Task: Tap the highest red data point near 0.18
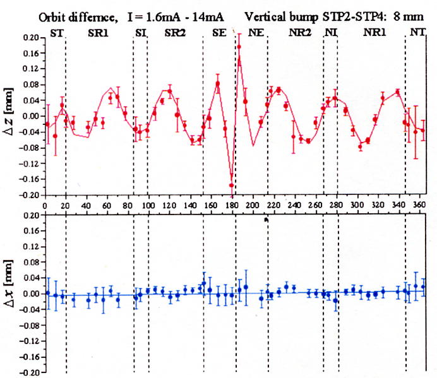pos(239,47)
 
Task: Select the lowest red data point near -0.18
pos(232,186)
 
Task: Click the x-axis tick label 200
pos(253,205)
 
